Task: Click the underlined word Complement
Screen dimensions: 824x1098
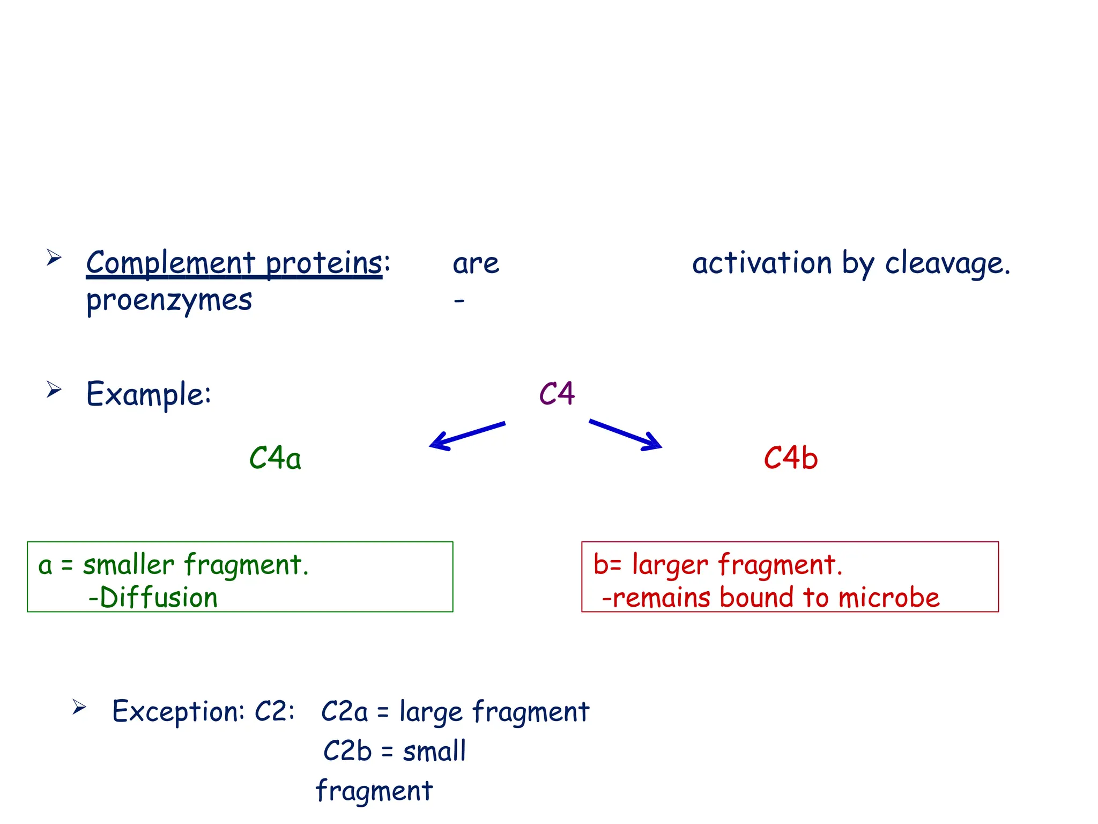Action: pyautogui.click(x=170, y=263)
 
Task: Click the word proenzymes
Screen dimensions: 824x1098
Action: pyautogui.click(x=169, y=300)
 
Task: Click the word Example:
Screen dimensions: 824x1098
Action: pyautogui.click(x=149, y=394)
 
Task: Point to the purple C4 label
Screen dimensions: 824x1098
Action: pyautogui.click(x=557, y=394)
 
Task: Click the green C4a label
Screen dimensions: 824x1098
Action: pyautogui.click(x=275, y=459)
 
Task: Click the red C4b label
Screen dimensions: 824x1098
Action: pyautogui.click(x=791, y=459)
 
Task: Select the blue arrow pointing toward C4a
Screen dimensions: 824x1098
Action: pyautogui.click(x=466, y=436)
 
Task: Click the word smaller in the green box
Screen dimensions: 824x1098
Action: pyautogui.click(x=129, y=565)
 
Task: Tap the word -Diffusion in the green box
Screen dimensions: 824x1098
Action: pyautogui.click(x=153, y=598)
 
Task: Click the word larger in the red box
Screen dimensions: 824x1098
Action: pyautogui.click(x=670, y=565)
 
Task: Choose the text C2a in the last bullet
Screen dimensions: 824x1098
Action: pyautogui.click(x=344, y=712)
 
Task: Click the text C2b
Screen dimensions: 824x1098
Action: pyautogui.click(x=347, y=751)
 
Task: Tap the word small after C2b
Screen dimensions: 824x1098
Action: pyautogui.click(x=434, y=751)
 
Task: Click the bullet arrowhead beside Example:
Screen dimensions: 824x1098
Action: pyautogui.click(x=54, y=389)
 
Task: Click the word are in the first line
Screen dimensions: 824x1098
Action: pyautogui.click(x=476, y=264)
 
